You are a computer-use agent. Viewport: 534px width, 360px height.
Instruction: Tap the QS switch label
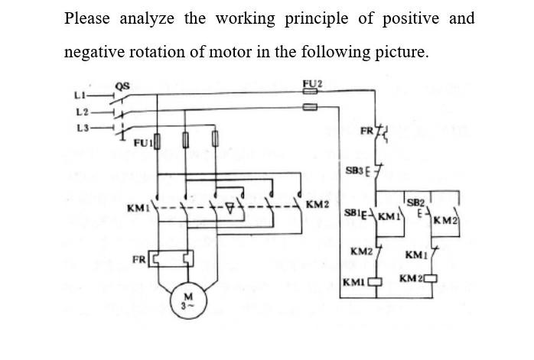tap(122, 86)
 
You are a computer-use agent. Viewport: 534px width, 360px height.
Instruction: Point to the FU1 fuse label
tap(143, 143)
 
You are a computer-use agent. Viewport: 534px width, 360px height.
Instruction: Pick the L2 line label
tap(82, 112)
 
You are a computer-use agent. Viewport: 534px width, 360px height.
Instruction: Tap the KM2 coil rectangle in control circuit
tap(430, 277)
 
